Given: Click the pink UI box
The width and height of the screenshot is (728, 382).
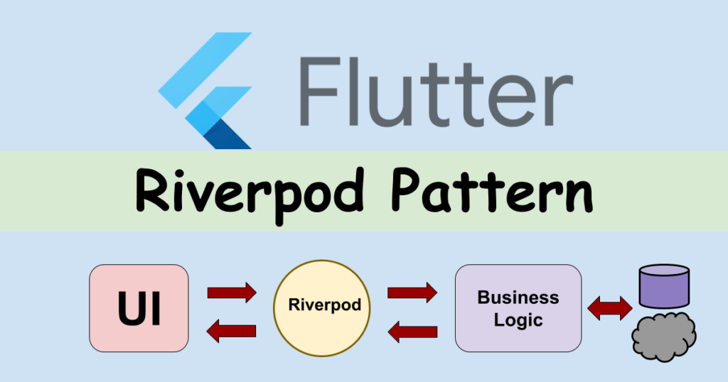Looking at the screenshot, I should (139, 308).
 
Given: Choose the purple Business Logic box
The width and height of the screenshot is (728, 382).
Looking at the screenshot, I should (518, 308).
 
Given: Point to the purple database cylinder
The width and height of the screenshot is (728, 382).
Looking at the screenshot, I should (664, 285).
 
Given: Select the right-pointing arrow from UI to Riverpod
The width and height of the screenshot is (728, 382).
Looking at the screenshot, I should (231, 292).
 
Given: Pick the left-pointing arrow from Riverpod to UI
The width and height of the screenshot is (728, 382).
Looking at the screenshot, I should (231, 329).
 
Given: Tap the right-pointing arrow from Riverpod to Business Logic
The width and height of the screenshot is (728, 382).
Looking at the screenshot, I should (412, 292).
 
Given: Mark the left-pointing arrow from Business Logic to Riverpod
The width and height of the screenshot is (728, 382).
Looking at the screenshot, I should (412, 329).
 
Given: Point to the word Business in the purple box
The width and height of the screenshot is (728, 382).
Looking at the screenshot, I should (518, 298).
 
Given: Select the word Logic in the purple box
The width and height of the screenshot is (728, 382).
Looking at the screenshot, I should (518, 320).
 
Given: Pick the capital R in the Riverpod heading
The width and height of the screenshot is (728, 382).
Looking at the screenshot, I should (152, 190).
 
